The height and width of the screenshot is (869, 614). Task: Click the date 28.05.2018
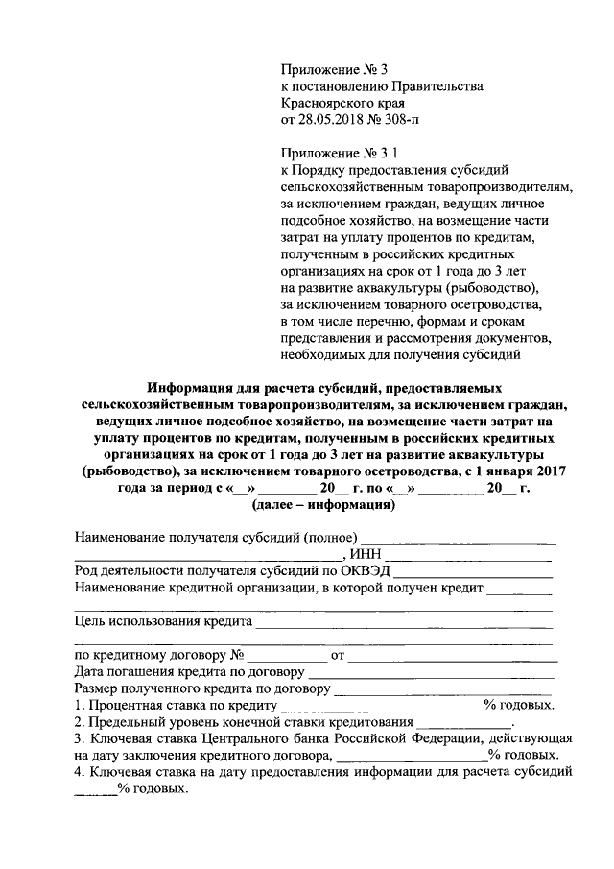coord(338,120)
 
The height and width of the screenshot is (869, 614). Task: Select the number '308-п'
coord(401,120)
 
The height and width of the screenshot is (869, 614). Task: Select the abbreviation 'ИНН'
coord(366,554)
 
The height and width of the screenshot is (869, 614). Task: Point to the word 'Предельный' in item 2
coord(128,722)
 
